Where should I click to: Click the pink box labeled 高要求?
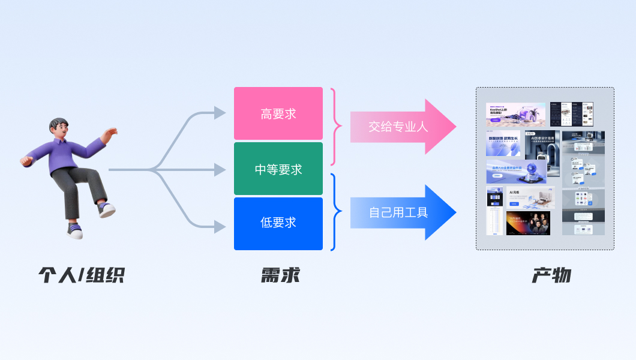tap(278, 113)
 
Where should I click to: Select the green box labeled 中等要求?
tap(278, 169)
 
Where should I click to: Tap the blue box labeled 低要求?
tap(278, 223)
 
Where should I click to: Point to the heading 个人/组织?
tap(82, 275)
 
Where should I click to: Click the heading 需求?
tap(280, 275)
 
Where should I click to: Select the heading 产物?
tap(551, 275)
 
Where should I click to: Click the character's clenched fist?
tap(26, 161)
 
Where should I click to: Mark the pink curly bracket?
tap(336, 127)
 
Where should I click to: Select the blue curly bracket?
tap(336, 211)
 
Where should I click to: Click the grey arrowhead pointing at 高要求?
tap(220, 113)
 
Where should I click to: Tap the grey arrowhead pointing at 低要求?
tap(220, 227)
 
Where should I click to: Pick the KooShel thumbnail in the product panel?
tap(515, 115)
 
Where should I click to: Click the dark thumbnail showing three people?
tap(528, 223)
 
